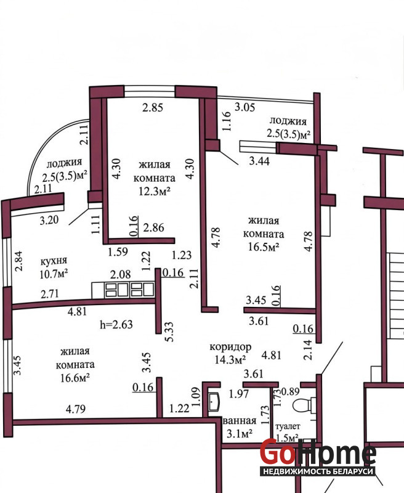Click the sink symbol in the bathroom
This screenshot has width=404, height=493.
pos(215,401)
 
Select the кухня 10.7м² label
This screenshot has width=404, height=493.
pos(54,267)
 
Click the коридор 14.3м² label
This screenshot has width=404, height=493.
pos(230,353)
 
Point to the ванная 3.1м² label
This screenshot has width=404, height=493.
pos(240,428)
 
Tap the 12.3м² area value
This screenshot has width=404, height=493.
pos(155,191)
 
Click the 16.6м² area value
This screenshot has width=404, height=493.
pos(75,378)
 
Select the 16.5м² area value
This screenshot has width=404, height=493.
pos(264,247)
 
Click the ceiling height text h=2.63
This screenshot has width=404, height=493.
pos(116,324)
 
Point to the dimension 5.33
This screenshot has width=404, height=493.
pos(169,332)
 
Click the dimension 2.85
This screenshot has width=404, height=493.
pos(153,107)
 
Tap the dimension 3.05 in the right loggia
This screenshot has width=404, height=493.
pos(244,107)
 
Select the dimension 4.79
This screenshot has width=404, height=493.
pos(76,409)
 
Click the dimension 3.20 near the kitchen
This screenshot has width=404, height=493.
pos(49,220)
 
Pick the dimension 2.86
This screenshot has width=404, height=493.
pos(153,227)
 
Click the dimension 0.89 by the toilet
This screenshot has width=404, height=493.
pos(290,392)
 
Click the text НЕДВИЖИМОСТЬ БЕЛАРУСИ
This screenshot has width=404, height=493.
pos(318,471)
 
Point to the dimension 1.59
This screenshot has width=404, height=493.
pos(118,252)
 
